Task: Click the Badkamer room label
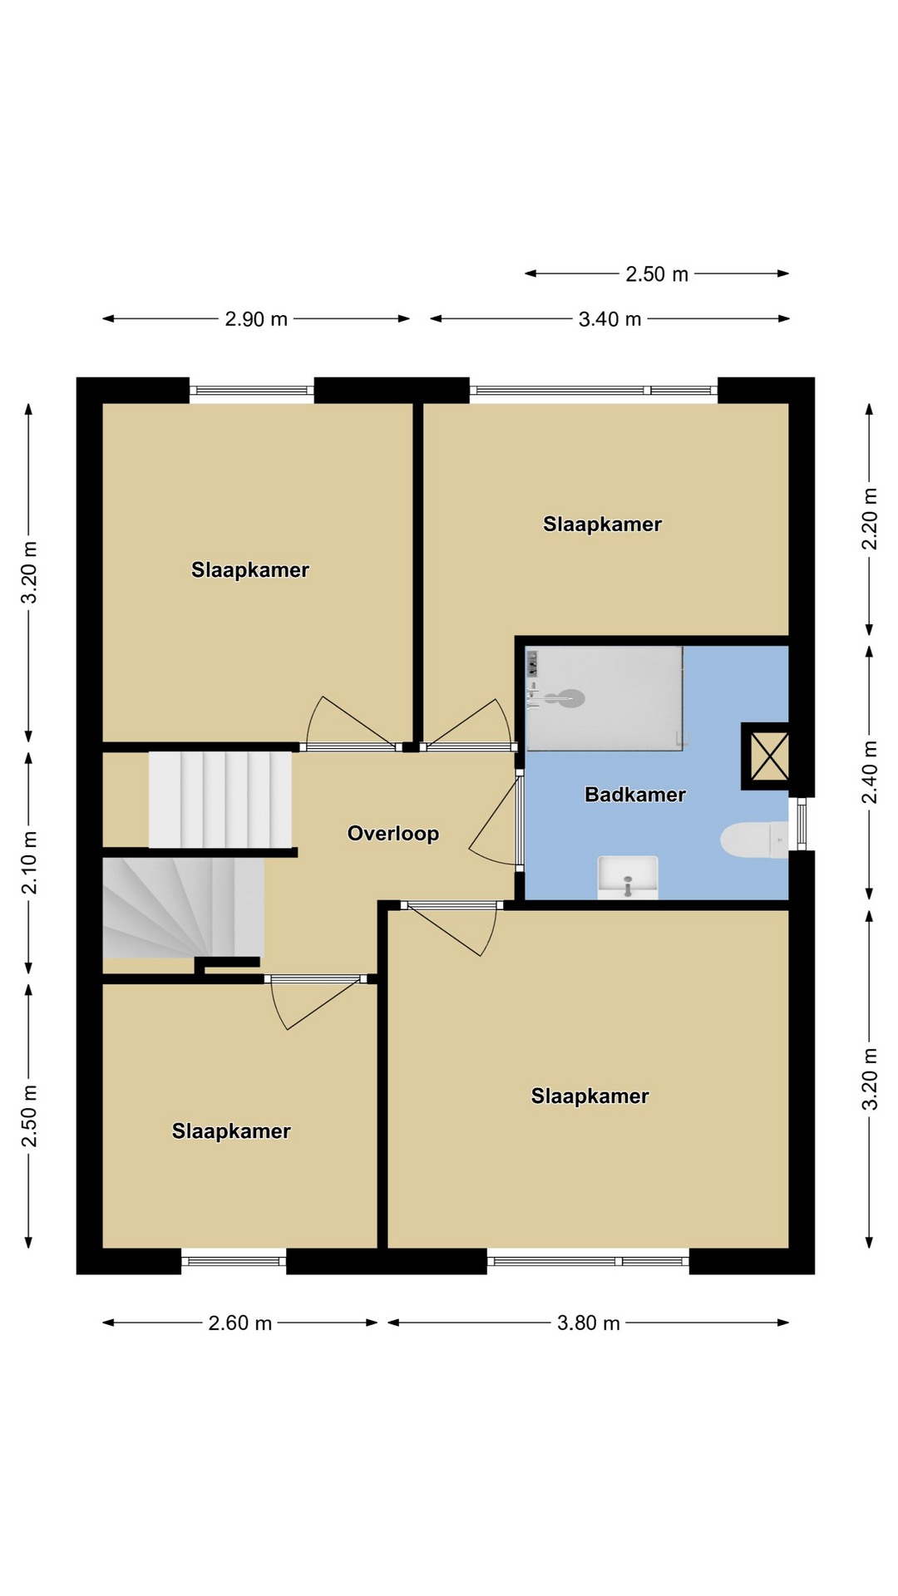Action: (635, 795)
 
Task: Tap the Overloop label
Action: (393, 834)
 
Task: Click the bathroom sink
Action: (628, 878)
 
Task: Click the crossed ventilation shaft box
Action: (766, 756)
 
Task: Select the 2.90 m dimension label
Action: (256, 319)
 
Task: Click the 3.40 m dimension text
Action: (609, 319)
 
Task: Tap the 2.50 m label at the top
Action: (657, 274)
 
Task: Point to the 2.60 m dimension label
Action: (240, 1323)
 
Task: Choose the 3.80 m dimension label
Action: (589, 1323)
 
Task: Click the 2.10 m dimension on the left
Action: (29, 863)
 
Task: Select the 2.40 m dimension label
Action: (870, 772)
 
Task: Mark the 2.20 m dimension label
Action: (870, 519)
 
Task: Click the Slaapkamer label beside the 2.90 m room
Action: (250, 570)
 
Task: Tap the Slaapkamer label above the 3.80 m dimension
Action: (590, 1096)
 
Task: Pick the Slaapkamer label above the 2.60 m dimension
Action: (231, 1131)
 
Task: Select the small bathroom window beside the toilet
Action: (802, 824)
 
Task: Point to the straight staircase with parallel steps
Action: (220, 800)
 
